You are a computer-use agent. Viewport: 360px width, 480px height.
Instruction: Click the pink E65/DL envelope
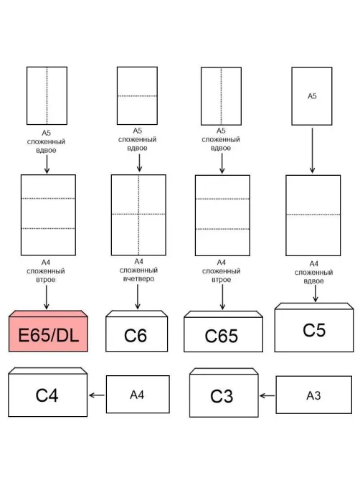click(x=48, y=331)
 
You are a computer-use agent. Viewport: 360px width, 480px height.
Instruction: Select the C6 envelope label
click(x=136, y=336)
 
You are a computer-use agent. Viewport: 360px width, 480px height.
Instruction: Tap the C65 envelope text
click(x=222, y=336)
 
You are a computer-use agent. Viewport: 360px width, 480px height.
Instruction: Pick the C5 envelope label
click(x=314, y=330)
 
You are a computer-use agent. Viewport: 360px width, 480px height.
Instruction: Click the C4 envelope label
click(x=47, y=395)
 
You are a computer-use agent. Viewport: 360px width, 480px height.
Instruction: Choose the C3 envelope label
click(x=222, y=396)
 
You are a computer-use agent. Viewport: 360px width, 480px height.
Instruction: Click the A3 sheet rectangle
click(x=314, y=395)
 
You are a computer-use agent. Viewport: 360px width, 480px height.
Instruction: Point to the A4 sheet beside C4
click(x=138, y=395)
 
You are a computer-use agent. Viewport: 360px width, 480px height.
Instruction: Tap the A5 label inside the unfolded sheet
click(x=312, y=96)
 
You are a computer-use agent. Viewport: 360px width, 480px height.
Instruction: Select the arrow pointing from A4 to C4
click(x=97, y=395)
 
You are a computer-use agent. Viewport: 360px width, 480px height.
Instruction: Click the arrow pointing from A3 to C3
click(x=267, y=396)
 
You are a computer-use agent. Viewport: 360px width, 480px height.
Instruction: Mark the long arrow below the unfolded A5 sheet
click(x=312, y=150)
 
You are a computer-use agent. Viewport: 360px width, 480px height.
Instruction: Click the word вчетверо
click(x=138, y=279)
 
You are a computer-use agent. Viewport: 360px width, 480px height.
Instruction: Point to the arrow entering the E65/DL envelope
click(x=47, y=297)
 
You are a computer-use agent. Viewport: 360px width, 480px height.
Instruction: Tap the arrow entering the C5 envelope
click(x=316, y=293)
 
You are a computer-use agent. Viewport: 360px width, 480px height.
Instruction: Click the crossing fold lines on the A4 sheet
click(x=138, y=214)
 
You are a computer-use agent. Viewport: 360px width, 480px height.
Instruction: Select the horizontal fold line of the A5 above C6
click(x=138, y=96)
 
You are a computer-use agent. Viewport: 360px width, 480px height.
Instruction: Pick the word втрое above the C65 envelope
click(x=221, y=280)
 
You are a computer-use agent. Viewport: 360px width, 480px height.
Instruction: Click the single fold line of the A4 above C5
click(x=313, y=215)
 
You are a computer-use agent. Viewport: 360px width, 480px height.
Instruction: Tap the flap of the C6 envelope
click(x=137, y=314)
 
